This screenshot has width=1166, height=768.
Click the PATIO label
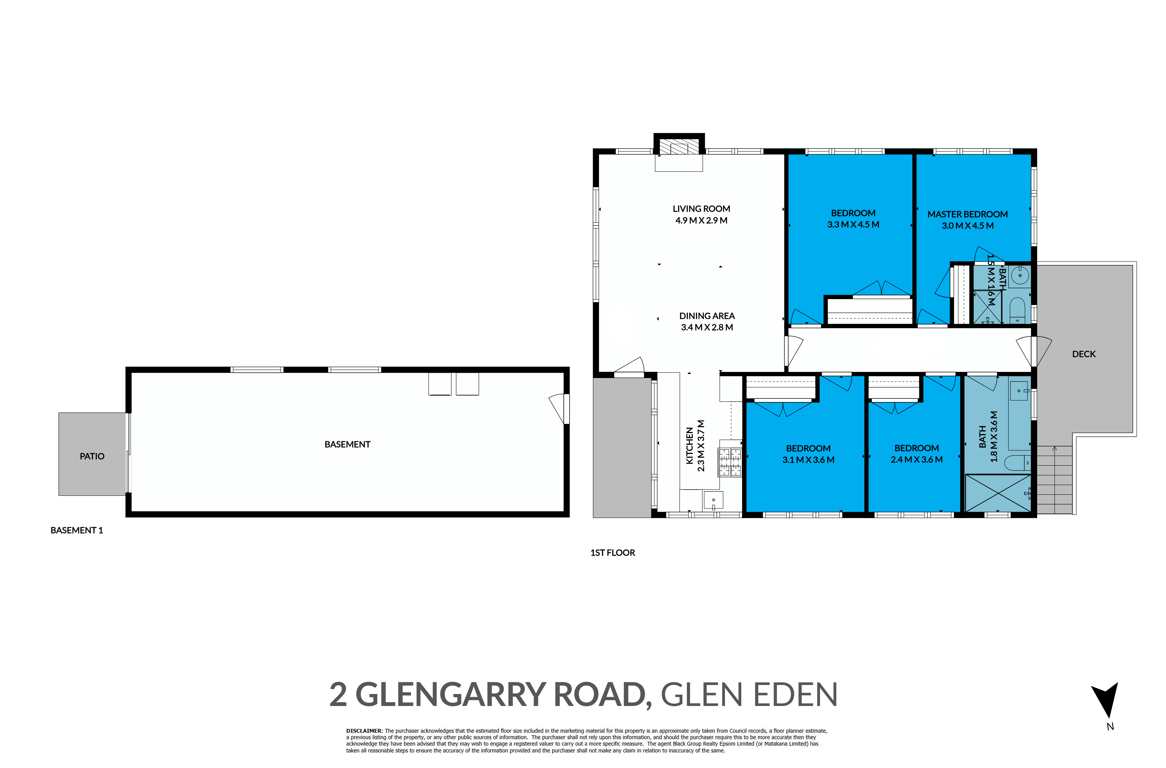click(x=92, y=456)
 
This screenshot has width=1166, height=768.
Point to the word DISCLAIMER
click(x=364, y=731)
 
